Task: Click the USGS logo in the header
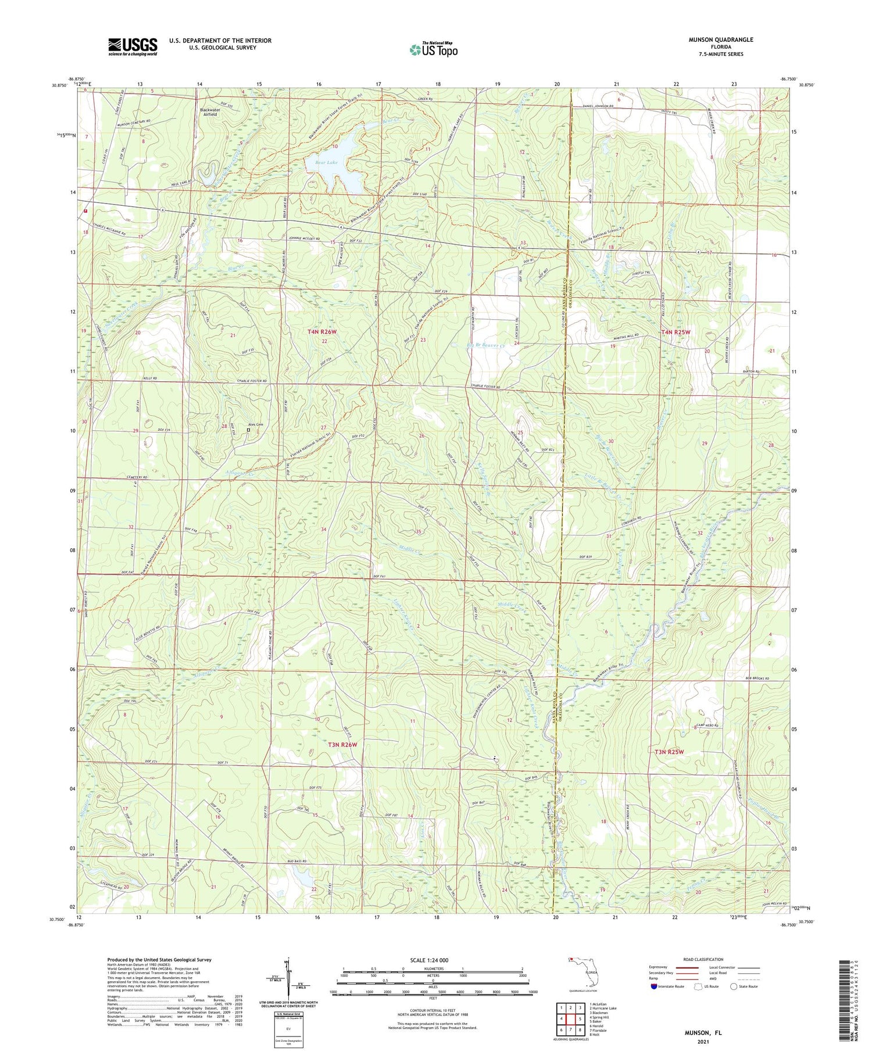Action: pos(133,47)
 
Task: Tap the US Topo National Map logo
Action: pos(433,49)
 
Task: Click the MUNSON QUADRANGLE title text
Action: pos(714,40)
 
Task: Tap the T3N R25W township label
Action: pos(669,752)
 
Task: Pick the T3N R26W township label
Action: pos(342,744)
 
